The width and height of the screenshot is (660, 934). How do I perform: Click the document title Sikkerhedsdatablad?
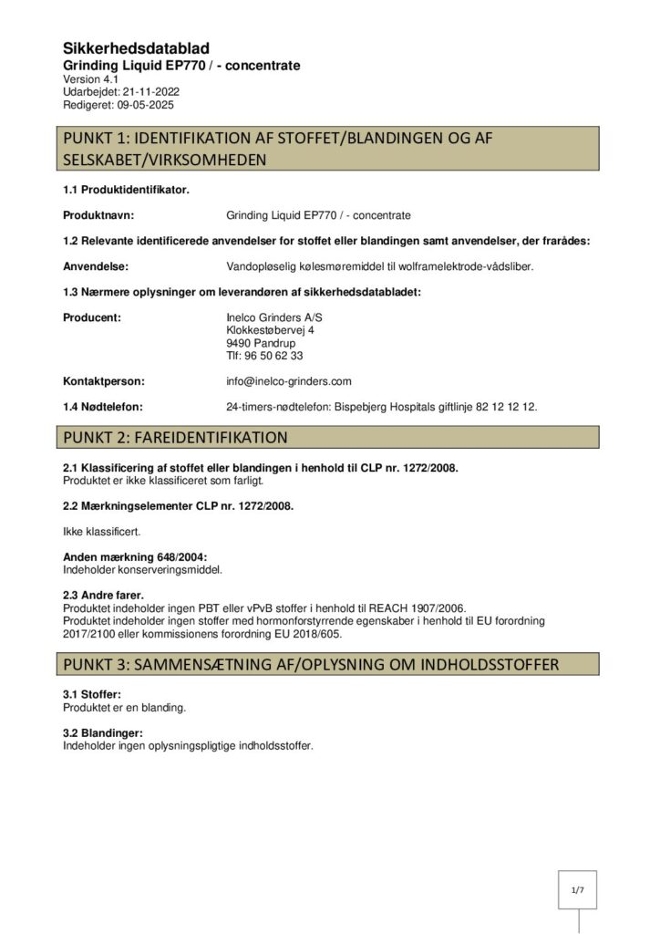pyautogui.click(x=136, y=48)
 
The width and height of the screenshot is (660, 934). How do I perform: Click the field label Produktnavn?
pyautogui.click(x=98, y=215)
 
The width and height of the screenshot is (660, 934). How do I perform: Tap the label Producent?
pyautogui.click(x=92, y=317)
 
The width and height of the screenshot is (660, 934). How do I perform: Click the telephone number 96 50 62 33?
pyautogui.click(x=272, y=356)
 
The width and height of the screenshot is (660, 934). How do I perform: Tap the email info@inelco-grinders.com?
pyautogui.click(x=288, y=381)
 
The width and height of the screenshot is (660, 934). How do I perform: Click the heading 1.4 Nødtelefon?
pyautogui.click(x=102, y=407)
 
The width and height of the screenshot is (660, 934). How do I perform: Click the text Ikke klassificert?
pyautogui.click(x=101, y=530)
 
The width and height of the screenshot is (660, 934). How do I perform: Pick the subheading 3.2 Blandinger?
pyautogui.click(x=103, y=733)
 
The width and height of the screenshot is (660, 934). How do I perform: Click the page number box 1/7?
pyautogui.click(x=577, y=889)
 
